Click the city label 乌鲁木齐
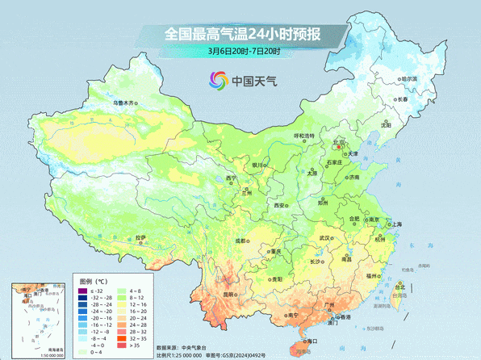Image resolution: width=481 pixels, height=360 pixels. (x=125, y=103)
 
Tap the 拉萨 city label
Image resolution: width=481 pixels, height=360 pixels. (x=141, y=237)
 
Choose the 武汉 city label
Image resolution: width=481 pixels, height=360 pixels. (x=325, y=239)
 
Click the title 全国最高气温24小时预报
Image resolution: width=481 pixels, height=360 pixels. (x=241, y=34)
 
